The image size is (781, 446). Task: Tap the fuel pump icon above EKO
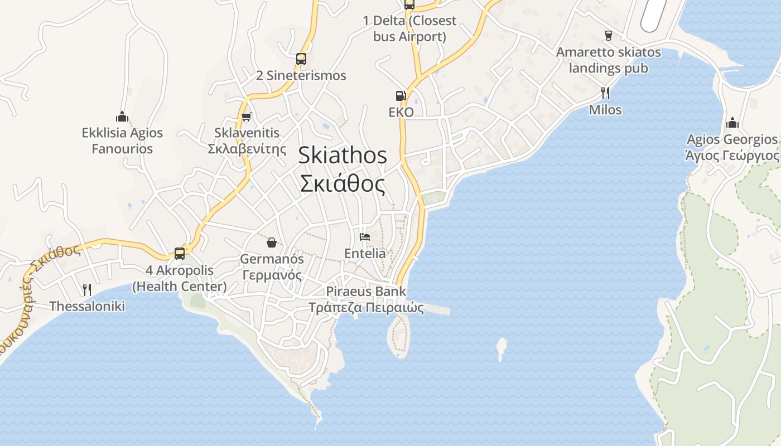401,96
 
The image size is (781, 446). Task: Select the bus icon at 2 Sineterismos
301,59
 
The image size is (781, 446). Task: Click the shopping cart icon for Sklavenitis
246,117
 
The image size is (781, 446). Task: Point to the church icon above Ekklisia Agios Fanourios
122,117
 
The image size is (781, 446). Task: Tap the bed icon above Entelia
365,236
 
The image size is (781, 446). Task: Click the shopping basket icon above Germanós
272,242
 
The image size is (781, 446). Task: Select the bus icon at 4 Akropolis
180,253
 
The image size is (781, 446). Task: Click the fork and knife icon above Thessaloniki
86,289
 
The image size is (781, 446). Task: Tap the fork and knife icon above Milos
605,93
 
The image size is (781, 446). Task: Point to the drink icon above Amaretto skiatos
609,36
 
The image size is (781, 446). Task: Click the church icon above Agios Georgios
732,123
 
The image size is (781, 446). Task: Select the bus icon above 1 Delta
409,5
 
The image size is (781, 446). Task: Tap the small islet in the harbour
502,348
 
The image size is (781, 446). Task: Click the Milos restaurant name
605,110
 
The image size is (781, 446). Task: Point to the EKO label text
401,112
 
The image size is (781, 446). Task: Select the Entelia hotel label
365,253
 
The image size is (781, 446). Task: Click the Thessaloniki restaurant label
87,306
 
